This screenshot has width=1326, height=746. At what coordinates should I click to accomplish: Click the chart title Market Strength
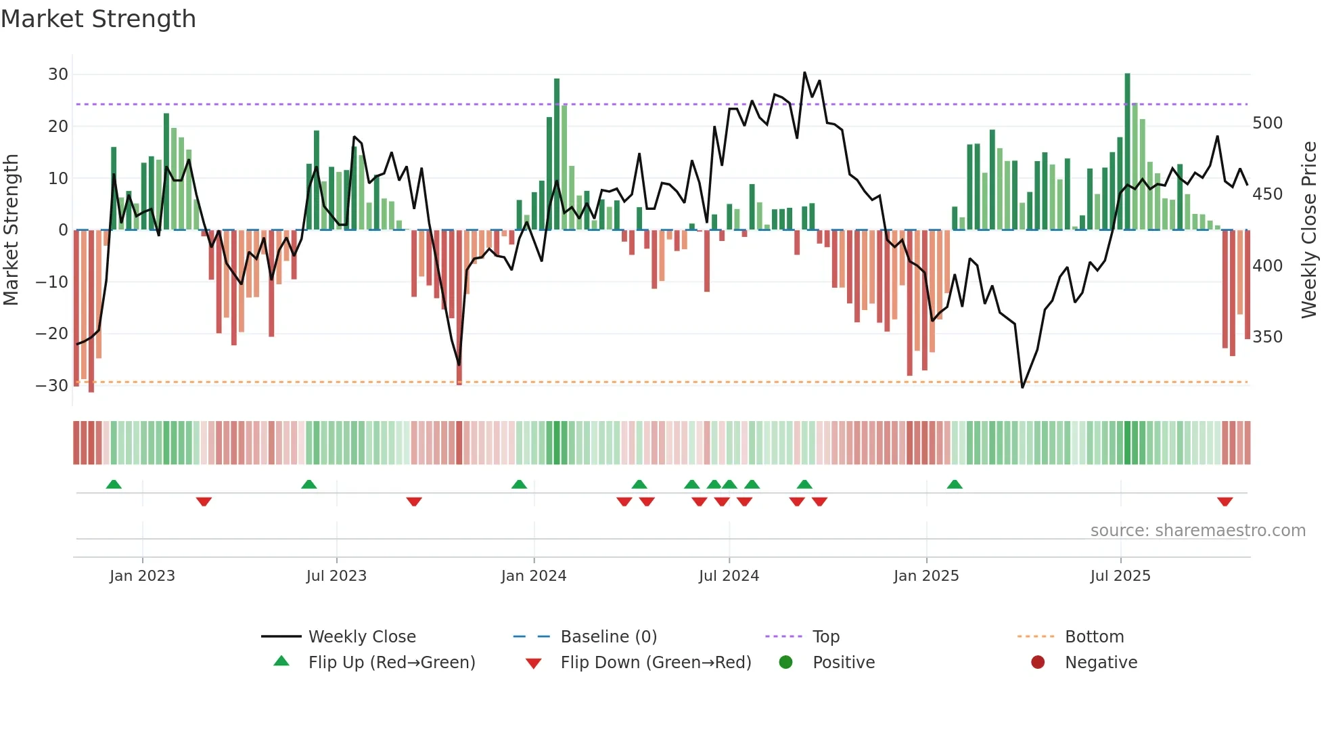(x=98, y=19)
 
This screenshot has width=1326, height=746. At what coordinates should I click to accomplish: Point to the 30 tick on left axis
(x=58, y=74)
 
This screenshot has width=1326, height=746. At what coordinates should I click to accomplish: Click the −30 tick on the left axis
(x=52, y=386)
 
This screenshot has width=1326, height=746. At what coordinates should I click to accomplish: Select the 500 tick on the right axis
(x=1267, y=123)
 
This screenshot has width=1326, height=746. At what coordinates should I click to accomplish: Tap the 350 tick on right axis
(x=1267, y=337)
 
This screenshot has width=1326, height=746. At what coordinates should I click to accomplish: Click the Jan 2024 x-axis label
(x=533, y=576)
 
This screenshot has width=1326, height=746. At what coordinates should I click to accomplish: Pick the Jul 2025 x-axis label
(x=1120, y=576)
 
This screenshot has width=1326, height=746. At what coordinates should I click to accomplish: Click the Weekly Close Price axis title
(x=1309, y=230)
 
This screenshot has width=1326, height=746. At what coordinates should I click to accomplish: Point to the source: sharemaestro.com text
(x=1197, y=531)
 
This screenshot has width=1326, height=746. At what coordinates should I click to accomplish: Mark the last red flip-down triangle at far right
(x=1225, y=502)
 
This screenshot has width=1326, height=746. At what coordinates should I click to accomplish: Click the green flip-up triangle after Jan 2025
(x=955, y=484)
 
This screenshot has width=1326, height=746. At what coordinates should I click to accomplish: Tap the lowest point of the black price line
(x=1022, y=387)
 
